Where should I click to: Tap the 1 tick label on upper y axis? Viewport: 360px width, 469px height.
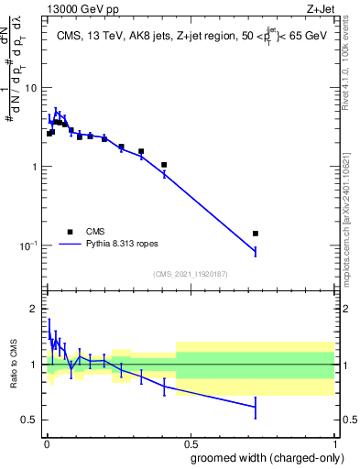point(35,167)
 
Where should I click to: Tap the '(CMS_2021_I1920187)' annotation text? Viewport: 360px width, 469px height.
point(190,274)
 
